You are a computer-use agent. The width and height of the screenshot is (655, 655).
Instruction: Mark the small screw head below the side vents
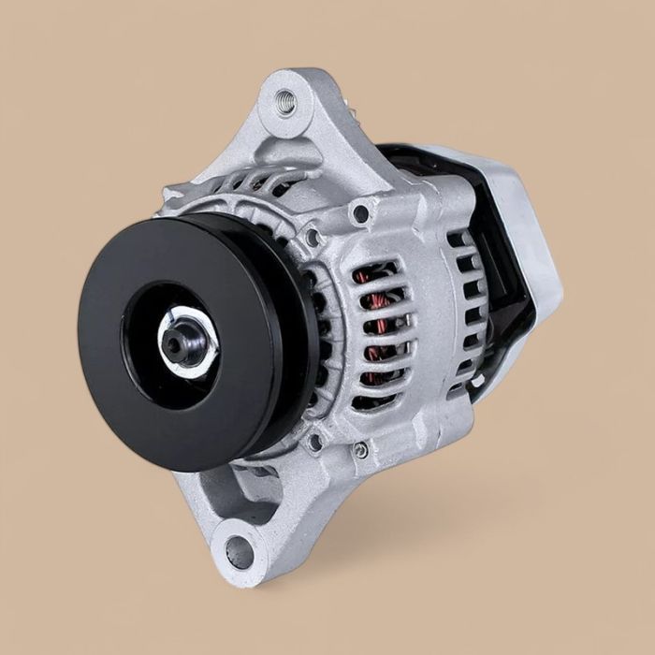(x=360, y=450)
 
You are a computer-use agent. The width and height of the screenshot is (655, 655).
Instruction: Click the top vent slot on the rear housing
(x=458, y=240)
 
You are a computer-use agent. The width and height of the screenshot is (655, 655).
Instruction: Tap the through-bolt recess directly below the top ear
(x=359, y=213)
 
